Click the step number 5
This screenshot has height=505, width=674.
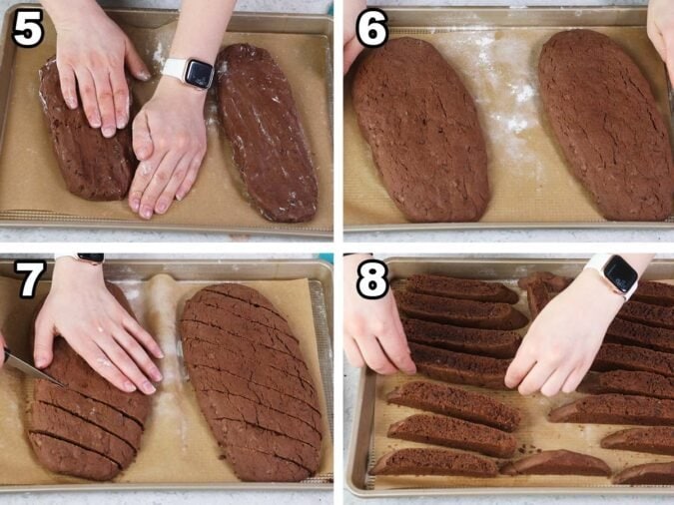click(28, 30)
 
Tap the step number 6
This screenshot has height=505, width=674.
click(371, 30)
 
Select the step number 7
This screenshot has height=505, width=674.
click(28, 281)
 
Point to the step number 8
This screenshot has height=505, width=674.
click(371, 281)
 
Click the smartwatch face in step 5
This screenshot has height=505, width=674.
click(198, 73)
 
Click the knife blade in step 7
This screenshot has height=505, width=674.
click(30, 370)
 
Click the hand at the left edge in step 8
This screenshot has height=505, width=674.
click(374, 329)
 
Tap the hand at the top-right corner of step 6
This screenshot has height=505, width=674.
click(661, 35)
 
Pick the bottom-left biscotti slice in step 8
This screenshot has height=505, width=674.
click(435, 462)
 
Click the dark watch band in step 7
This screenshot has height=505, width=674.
click(88, 258)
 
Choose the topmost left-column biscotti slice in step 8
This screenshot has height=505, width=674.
click(459, 288)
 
